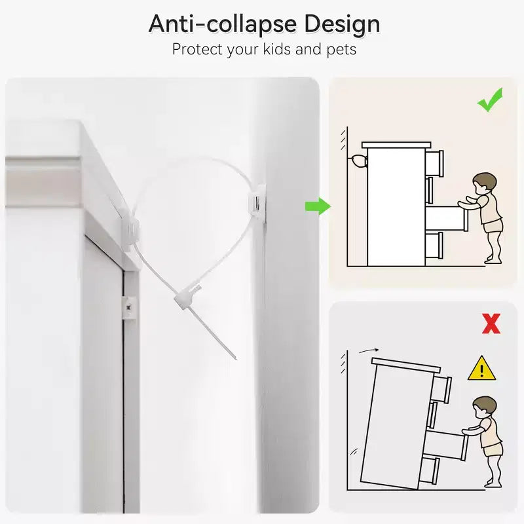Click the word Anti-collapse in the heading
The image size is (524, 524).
click(223, 24)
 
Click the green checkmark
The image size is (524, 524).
click(490, 100)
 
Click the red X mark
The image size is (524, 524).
click(491, 324)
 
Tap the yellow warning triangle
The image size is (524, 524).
click(481, 368)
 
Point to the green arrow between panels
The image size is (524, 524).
click(318, 206)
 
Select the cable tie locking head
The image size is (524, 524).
click(187, 296)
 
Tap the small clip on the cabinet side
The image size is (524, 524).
click(129, 307)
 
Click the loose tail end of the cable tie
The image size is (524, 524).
click(235, 358)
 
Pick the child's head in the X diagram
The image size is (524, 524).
click(485, 407)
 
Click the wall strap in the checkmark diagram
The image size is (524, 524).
click(358, 161)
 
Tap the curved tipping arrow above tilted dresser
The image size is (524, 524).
click(369, 350)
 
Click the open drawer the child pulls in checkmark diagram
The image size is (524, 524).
click(447, 218)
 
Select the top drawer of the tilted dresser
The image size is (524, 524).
click(441, 388)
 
